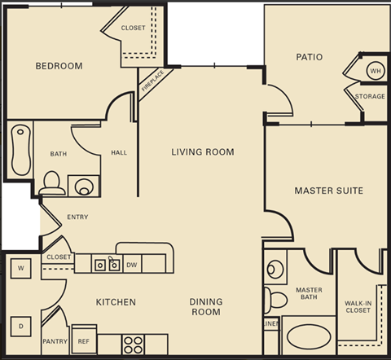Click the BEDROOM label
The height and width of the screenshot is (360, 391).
[x=59, y=66]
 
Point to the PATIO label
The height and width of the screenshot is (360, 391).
[x=309, y=57]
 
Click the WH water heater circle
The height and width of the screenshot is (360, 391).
[x=375, y=71]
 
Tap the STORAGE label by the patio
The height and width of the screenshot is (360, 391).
[x=370, y=97]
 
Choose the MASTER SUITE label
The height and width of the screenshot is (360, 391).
[x=327, y=191]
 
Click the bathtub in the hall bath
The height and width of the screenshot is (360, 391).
[x=19, y=151]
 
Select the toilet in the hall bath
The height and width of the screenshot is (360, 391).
[x=52, y=181]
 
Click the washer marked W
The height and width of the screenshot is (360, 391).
[x=20, y=269]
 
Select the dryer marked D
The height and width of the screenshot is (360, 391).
[x=20, y=326]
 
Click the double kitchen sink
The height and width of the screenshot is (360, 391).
[x=108, y=263]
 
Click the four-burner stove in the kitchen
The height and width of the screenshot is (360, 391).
[x=133, y=343]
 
